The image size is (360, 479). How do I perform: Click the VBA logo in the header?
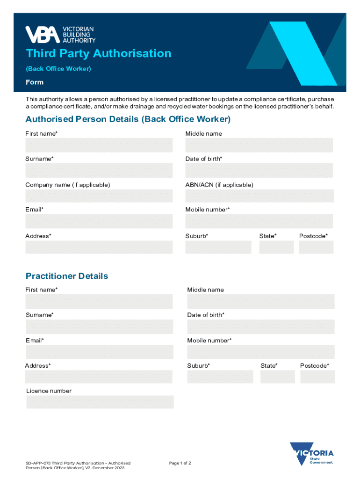[x=60, y=34]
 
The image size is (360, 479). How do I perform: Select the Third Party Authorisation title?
[x=99, y=53]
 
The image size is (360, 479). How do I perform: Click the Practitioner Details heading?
[x=67, y=276]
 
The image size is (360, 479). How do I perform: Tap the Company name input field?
[x=99, y=196]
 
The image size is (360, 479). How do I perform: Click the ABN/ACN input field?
[x=259, y=196]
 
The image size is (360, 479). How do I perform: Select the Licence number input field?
[x=100, y=402]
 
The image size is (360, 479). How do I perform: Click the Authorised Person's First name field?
[x=99, y=145]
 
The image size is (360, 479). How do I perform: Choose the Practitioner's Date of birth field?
[x=261, y=327]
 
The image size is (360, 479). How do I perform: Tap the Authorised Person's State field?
[x=276, y=247]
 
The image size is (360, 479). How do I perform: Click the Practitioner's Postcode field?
[x=317, y=377]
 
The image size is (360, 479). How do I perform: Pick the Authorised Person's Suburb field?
[x=218, y=247]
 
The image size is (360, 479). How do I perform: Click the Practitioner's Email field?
[x=100, y=352]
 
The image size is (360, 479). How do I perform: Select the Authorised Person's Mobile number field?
[x=259, y=221]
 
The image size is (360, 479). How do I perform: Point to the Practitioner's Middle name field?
[x=261, y=301]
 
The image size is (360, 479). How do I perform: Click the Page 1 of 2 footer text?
[x=180, y=463]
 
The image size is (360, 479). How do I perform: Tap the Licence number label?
[x=49, y=391]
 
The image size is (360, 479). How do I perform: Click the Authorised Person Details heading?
[x=128, y=119]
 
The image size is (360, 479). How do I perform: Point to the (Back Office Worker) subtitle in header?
[x=58, y=69]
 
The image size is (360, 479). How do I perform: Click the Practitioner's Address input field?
[x=100, y=377]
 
